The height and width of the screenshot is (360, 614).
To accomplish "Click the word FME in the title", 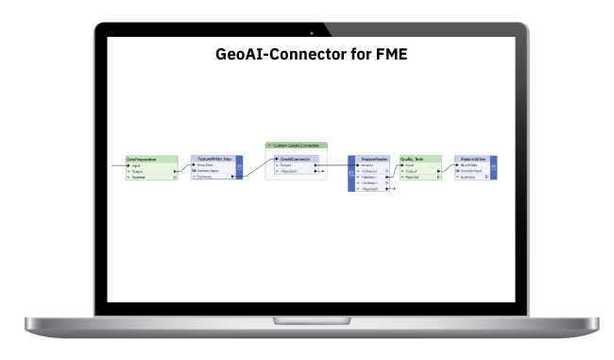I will click(389, 54).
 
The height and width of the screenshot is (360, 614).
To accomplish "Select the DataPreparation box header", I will click(151, 159).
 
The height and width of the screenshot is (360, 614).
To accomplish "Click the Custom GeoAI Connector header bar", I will click(297, 145).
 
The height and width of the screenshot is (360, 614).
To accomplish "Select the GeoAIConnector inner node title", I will click(297, 159).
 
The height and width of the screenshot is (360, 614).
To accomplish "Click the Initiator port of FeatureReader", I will click(368, 165).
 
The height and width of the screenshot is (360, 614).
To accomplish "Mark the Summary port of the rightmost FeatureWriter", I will click(472, 177).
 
